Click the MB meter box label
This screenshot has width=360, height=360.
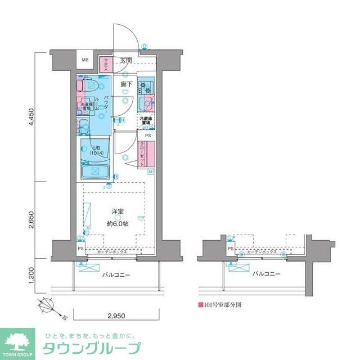coord(86,60)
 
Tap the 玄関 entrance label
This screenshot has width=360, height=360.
coord(125,60)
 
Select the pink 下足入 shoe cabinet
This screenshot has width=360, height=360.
coord(105,65)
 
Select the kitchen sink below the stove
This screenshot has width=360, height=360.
coord(146,102)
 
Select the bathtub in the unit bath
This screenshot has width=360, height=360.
coord(95,172)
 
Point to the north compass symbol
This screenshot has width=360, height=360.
coord(48,307)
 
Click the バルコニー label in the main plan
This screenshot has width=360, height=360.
coord(116,274)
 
